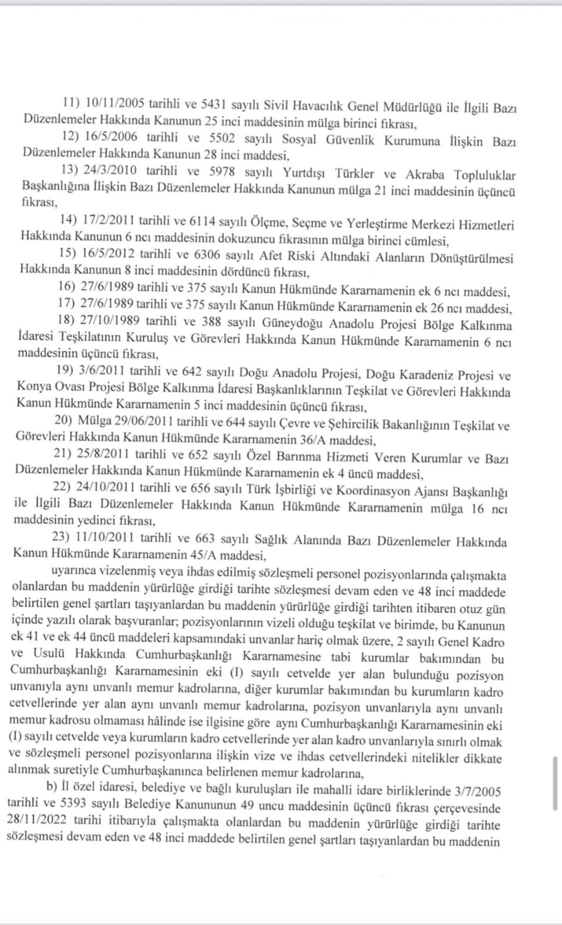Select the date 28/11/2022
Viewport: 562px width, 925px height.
pyautogui.click(x=40, y=823)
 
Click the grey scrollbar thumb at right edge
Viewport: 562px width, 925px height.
pyautogui.click(x=557, y=783)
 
